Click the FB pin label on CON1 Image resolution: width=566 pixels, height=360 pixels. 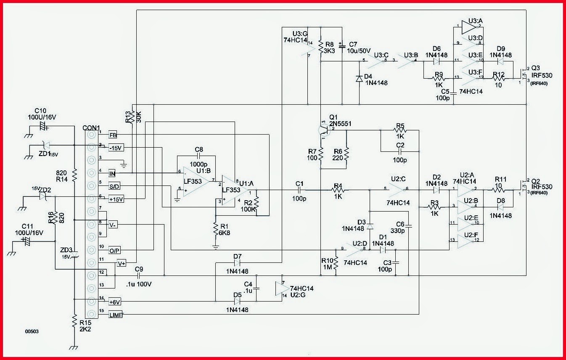tap(113, 135)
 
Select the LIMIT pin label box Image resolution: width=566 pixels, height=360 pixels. tap(115, 314)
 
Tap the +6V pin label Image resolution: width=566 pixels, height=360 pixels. tap(115, 301)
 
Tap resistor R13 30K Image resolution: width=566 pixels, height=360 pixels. tap(132, 116)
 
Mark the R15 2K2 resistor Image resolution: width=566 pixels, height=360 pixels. tap(74, 320)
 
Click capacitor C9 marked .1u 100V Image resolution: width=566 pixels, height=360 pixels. tap(137, 275)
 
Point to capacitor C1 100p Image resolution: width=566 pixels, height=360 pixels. tap(299, 191)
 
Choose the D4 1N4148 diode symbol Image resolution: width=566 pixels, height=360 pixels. tap(359, 78)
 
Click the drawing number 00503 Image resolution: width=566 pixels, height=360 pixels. tap(33, 332)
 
